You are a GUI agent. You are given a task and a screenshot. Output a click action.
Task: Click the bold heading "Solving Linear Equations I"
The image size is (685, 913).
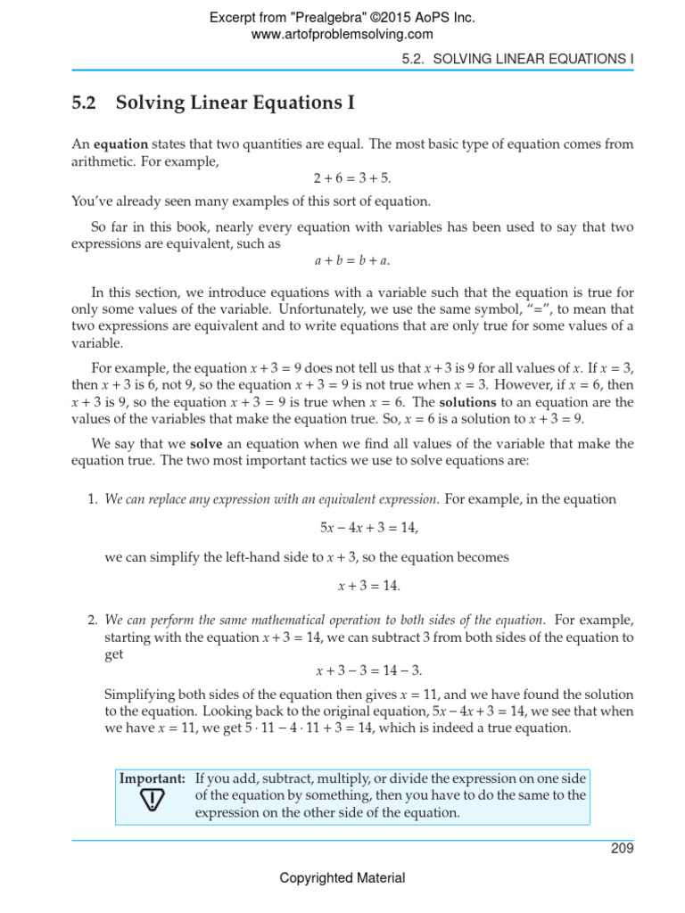[x=235, y=104]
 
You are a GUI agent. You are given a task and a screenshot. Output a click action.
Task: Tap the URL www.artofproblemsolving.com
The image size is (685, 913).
[x=342, y=34]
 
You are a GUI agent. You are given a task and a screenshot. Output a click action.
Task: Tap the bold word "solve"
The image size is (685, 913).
[x=205, y=443]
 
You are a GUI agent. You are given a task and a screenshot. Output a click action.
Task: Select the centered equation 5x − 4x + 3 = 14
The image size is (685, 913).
[x=369, y=528]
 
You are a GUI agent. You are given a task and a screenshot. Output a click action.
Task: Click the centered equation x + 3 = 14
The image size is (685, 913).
[x=369, y=586]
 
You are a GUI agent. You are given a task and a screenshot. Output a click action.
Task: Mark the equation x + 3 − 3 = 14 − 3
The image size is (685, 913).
[x=369, y=670]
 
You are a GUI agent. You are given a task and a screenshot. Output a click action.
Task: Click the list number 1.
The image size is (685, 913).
[x=92, y=499]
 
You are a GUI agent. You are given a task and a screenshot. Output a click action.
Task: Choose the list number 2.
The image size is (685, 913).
[x=92, y=620]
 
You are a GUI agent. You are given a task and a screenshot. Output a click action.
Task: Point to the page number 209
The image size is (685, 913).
[x=622, y=848]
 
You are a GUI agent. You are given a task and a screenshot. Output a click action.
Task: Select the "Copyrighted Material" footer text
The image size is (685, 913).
[x=342, y=878]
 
